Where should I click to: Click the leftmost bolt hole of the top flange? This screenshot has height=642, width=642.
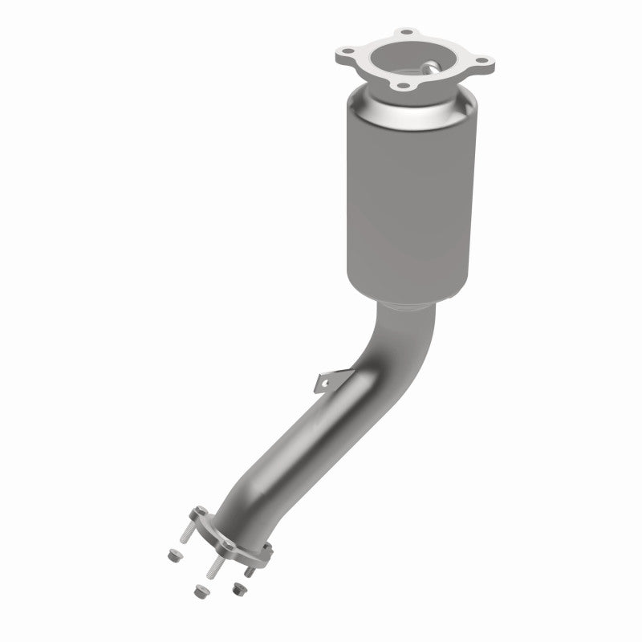click(x=347, y=57)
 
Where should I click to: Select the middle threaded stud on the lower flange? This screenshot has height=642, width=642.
click(x=214, y=566)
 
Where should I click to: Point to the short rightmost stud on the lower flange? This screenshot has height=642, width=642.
click(x=250, y=571)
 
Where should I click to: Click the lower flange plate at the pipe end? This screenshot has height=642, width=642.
click(x=232, y=543)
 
